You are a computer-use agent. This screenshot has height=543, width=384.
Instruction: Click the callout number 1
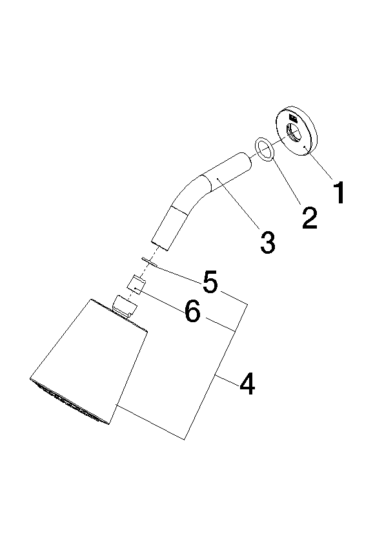click(x=339, y=192)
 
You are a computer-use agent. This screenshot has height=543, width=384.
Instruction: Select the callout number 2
click(x=309, y=218)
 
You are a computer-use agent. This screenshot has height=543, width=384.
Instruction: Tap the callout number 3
click(x=268, y=242)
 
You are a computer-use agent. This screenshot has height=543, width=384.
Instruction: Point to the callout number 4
click(x=247, y=384)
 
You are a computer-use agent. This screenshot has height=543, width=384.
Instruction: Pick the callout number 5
click(x=210, y=282)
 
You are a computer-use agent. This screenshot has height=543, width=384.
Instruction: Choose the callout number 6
click(x=192, y=311)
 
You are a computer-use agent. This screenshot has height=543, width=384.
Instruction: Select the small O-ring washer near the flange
click(x=265, y=149)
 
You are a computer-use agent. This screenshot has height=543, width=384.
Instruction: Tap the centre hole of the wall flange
click(x=294, y=133)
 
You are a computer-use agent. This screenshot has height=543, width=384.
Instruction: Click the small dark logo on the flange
click(x=293, y=118)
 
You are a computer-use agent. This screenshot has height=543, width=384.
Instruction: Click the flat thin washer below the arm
click(x=149, y=261)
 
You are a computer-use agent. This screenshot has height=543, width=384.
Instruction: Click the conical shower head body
click(x=89, y=361)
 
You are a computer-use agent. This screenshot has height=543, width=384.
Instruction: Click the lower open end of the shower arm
click(x=159, y=243)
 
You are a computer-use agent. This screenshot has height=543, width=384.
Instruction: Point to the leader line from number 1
click(x=319, y=163)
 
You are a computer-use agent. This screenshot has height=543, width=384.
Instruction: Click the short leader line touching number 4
click(x=227, y=380)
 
